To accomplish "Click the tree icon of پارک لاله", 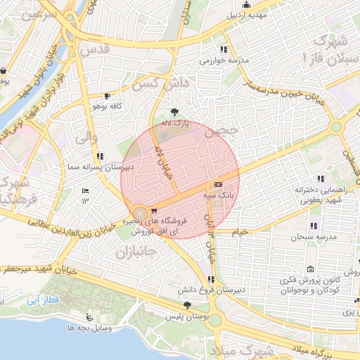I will click(174, 112).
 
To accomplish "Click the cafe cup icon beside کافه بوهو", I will click(107, 96).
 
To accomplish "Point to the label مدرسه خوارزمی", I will click(225, 60).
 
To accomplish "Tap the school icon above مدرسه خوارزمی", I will click(224, 49).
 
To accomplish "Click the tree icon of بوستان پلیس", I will click(186, 305).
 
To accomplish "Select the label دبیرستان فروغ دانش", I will click(212, 290).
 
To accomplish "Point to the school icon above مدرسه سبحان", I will click(314, 226).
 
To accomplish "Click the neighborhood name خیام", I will click(239, 231).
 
